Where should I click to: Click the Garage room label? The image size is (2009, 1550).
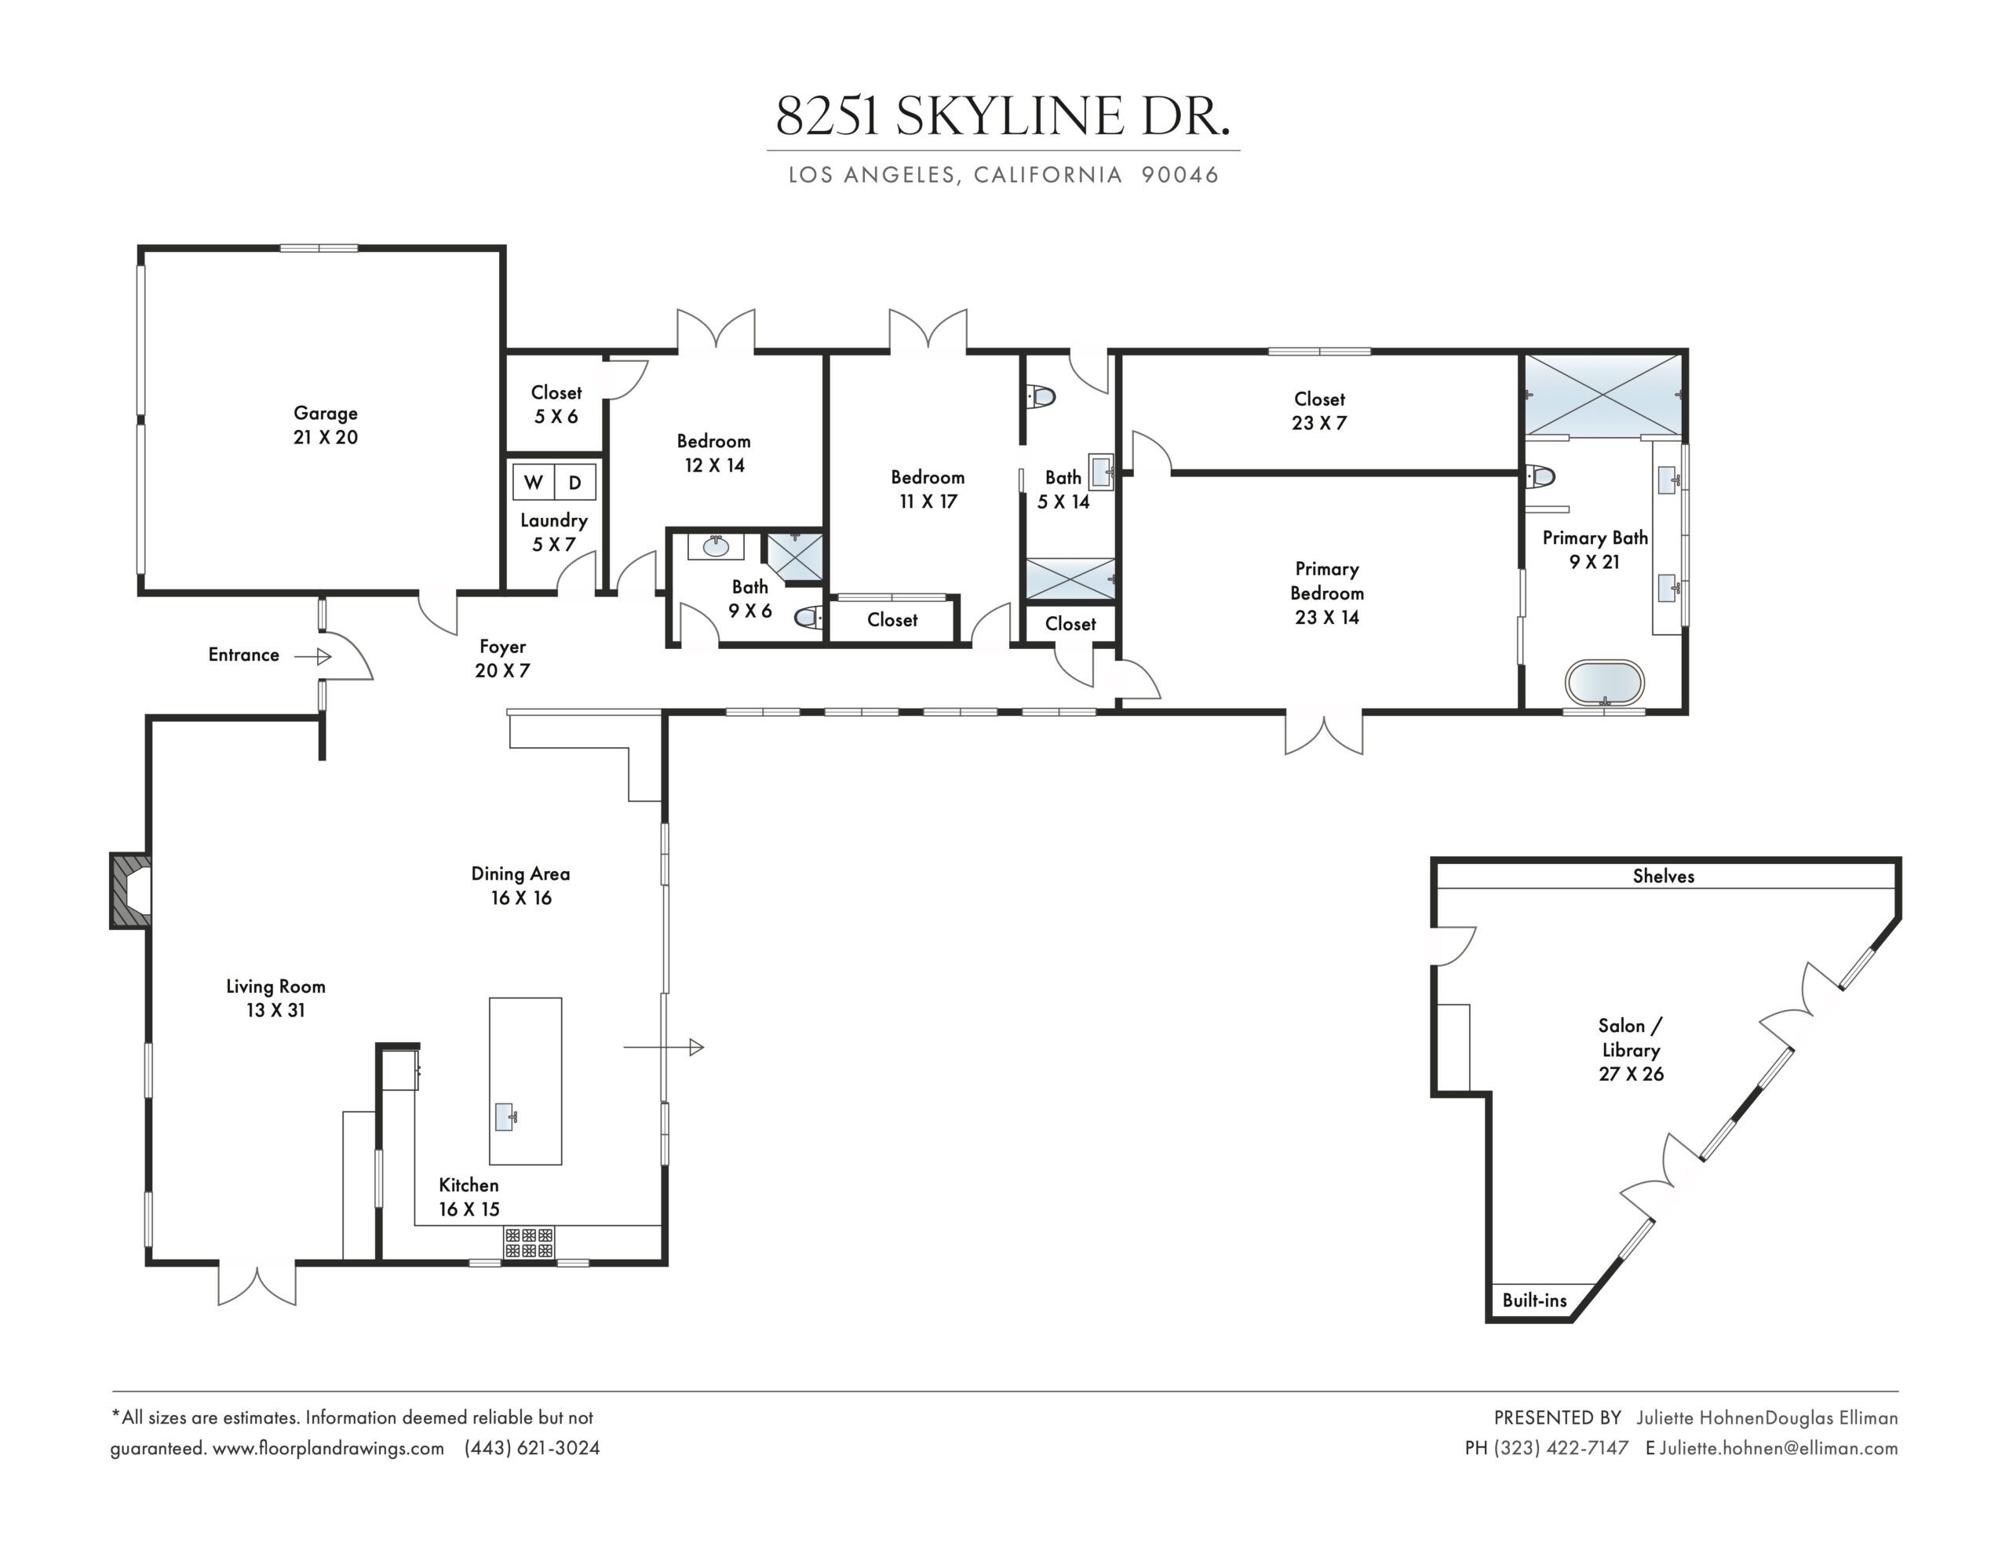tap(326, 414)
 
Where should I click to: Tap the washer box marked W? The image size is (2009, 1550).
tap(534, 482)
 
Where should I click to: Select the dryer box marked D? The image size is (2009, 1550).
tap(575, 482)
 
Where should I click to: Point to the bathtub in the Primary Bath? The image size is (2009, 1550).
tap(1604, 683)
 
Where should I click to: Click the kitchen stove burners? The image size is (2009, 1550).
tap(529, 1243)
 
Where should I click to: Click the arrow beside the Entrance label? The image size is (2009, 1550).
tap(313, 656)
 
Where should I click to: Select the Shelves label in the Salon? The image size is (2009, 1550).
tap(1663, 877)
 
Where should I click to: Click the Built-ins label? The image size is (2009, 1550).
tap(1534, 1300)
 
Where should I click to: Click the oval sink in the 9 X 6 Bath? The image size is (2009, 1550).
tap(716, 547)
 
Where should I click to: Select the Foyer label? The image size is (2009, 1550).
tap(502, 647)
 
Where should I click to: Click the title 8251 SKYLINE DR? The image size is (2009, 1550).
tap(1003, 116)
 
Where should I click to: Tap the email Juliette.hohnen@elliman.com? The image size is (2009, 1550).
tap(1778, 1448)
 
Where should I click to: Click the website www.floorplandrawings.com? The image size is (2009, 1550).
tap(328, 1448)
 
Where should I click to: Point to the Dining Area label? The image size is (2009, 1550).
tap(520, 874)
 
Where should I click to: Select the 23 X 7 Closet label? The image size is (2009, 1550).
tap(1319, 411)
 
